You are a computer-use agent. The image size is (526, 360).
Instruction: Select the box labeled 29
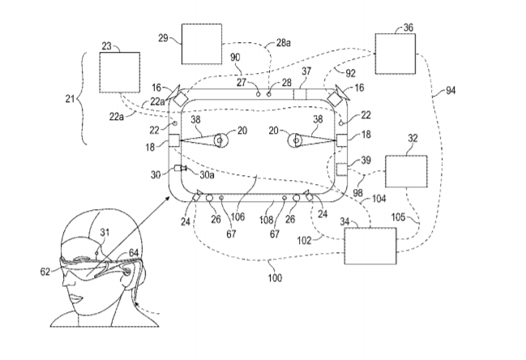[x=200, y=43]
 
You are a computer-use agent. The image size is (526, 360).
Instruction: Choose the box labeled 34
[x=370, y=246]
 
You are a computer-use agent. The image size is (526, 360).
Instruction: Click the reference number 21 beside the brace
[x=68, y=100]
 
